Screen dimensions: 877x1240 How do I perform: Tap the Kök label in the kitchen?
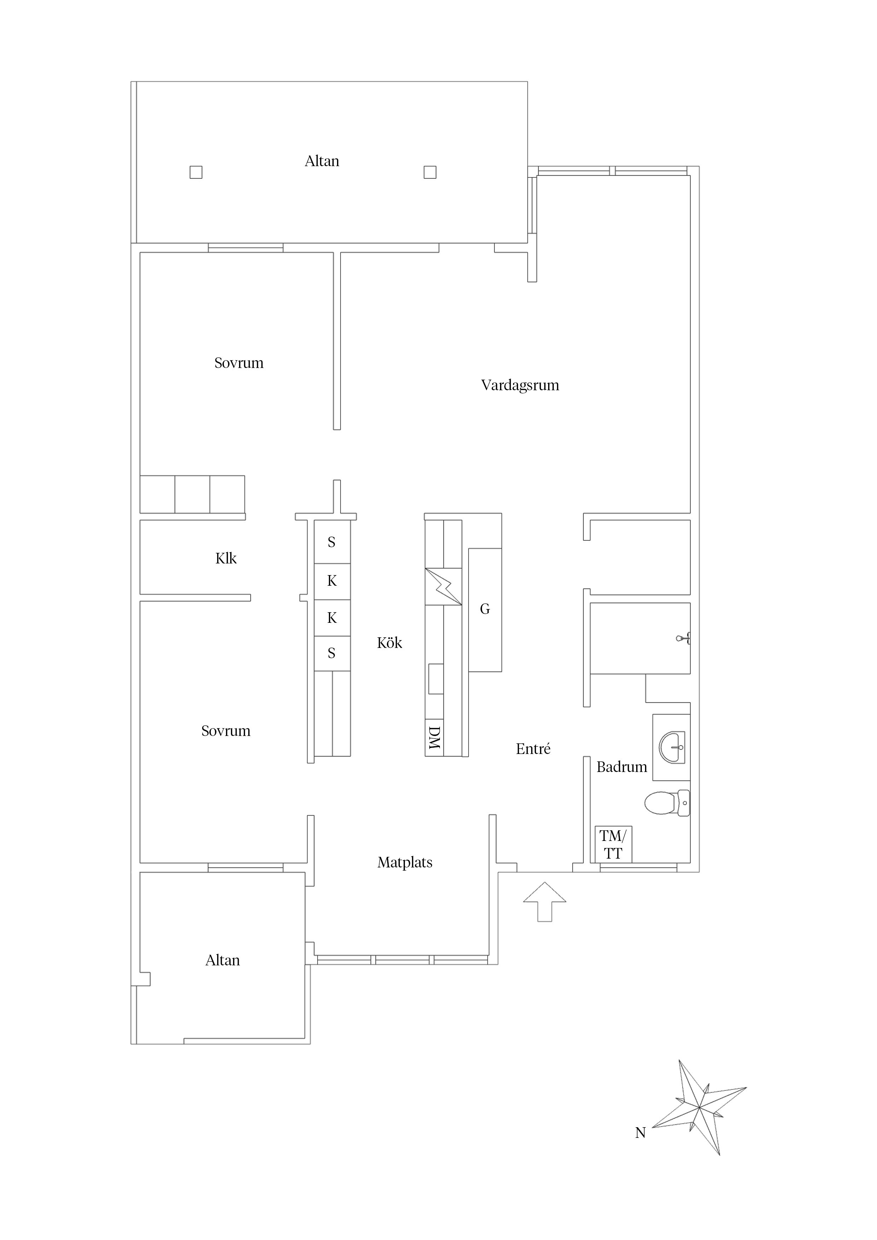(390, 643)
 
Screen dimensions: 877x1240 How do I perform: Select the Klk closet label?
(226, 558)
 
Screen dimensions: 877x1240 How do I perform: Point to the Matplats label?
(405, 862)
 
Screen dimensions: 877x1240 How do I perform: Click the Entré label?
(533, 749)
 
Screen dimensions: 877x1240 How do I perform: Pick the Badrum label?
(621, 767)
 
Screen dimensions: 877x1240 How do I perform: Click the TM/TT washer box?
(613, 844)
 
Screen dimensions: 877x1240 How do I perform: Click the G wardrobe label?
(485, 609)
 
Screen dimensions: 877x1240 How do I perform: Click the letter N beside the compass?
(640, 1133)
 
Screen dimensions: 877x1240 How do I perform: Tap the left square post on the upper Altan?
(196, 172)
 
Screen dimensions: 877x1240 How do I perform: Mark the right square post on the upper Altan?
(430, 172)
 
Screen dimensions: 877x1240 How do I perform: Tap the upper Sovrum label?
(239, 363)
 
